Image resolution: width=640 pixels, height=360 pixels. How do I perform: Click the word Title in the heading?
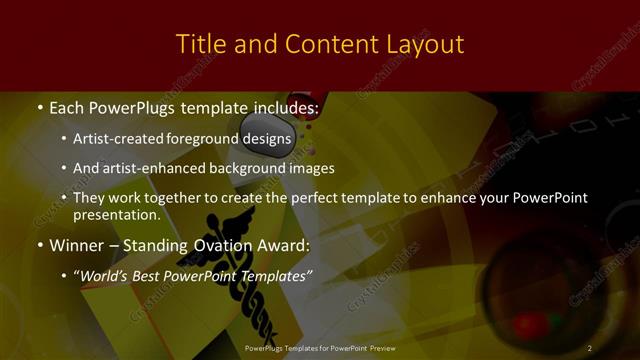click(x=198, y=44)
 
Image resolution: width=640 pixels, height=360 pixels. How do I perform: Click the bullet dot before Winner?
click(x=39, y=245)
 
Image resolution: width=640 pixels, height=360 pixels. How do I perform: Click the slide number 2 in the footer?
click(x=590, y=348)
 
